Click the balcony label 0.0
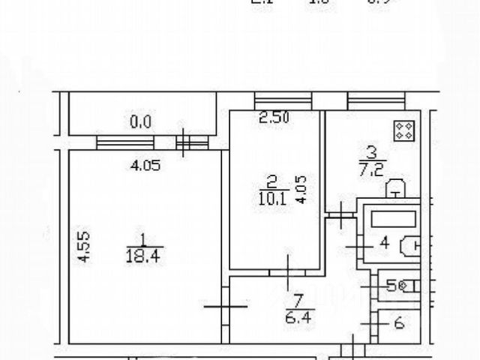click(x=140, y=120)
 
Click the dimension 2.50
click(x=274, y=116)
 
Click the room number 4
click(x=383, y=243)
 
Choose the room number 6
click(x=398, y=323)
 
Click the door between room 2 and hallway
click(x=290, y=266)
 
